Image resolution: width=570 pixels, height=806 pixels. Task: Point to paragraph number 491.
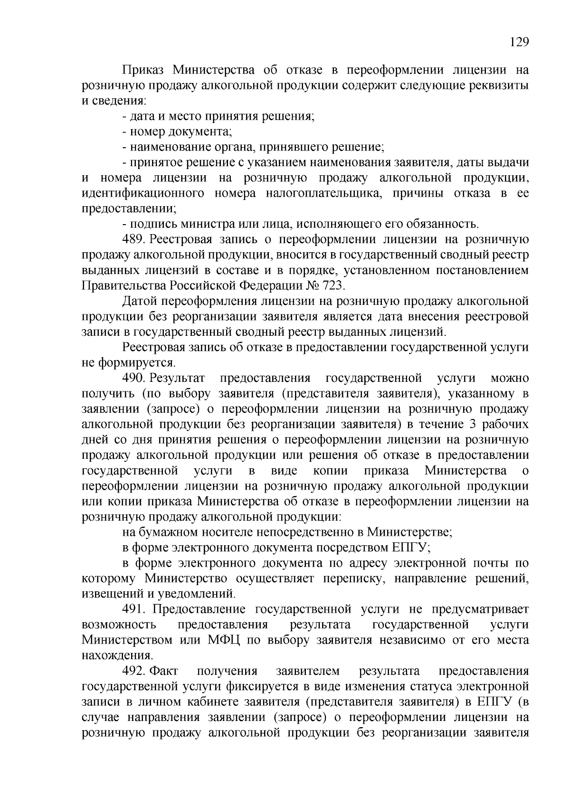tap(133, 609)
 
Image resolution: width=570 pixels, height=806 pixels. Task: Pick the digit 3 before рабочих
tap(472, 424)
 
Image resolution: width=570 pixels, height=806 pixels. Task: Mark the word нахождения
tap(117, 655)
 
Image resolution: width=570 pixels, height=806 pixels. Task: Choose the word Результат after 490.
tap(177, 378)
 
